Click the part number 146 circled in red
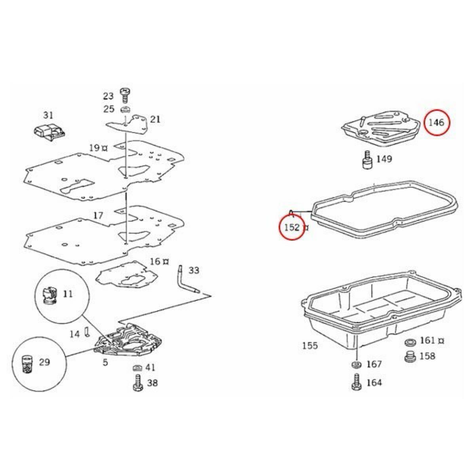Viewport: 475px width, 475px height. pos(436,122)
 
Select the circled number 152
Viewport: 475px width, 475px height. pos(292,227)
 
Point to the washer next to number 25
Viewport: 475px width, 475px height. pos(125,109)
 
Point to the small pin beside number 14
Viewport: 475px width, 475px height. pos(87,332)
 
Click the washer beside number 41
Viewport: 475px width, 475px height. pos(137,368)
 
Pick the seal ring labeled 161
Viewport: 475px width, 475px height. pos(410,342)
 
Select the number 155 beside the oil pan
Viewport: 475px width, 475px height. pos(310,346)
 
